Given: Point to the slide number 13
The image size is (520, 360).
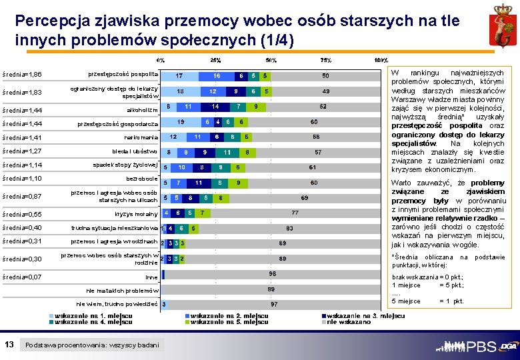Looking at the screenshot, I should [x=9, y=344].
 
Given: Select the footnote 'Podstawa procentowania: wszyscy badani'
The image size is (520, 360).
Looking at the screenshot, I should [x=92, y=345].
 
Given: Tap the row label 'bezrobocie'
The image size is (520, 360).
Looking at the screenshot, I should [x=142, y=179].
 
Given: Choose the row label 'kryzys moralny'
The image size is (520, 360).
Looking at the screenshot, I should [x=136, y=213].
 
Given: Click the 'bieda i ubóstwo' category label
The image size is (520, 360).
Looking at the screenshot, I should [x=135, y=151].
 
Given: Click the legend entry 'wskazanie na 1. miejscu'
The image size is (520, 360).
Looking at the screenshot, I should [x=93, y=315].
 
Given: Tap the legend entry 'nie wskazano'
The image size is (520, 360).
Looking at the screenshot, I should [x=347, y=321].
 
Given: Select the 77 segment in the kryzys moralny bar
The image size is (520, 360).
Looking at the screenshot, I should [x=295, y=213].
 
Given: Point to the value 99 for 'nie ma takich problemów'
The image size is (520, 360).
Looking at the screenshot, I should [x=271, y=289].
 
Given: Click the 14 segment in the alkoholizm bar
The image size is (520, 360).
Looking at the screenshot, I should [x=215, y=107].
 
